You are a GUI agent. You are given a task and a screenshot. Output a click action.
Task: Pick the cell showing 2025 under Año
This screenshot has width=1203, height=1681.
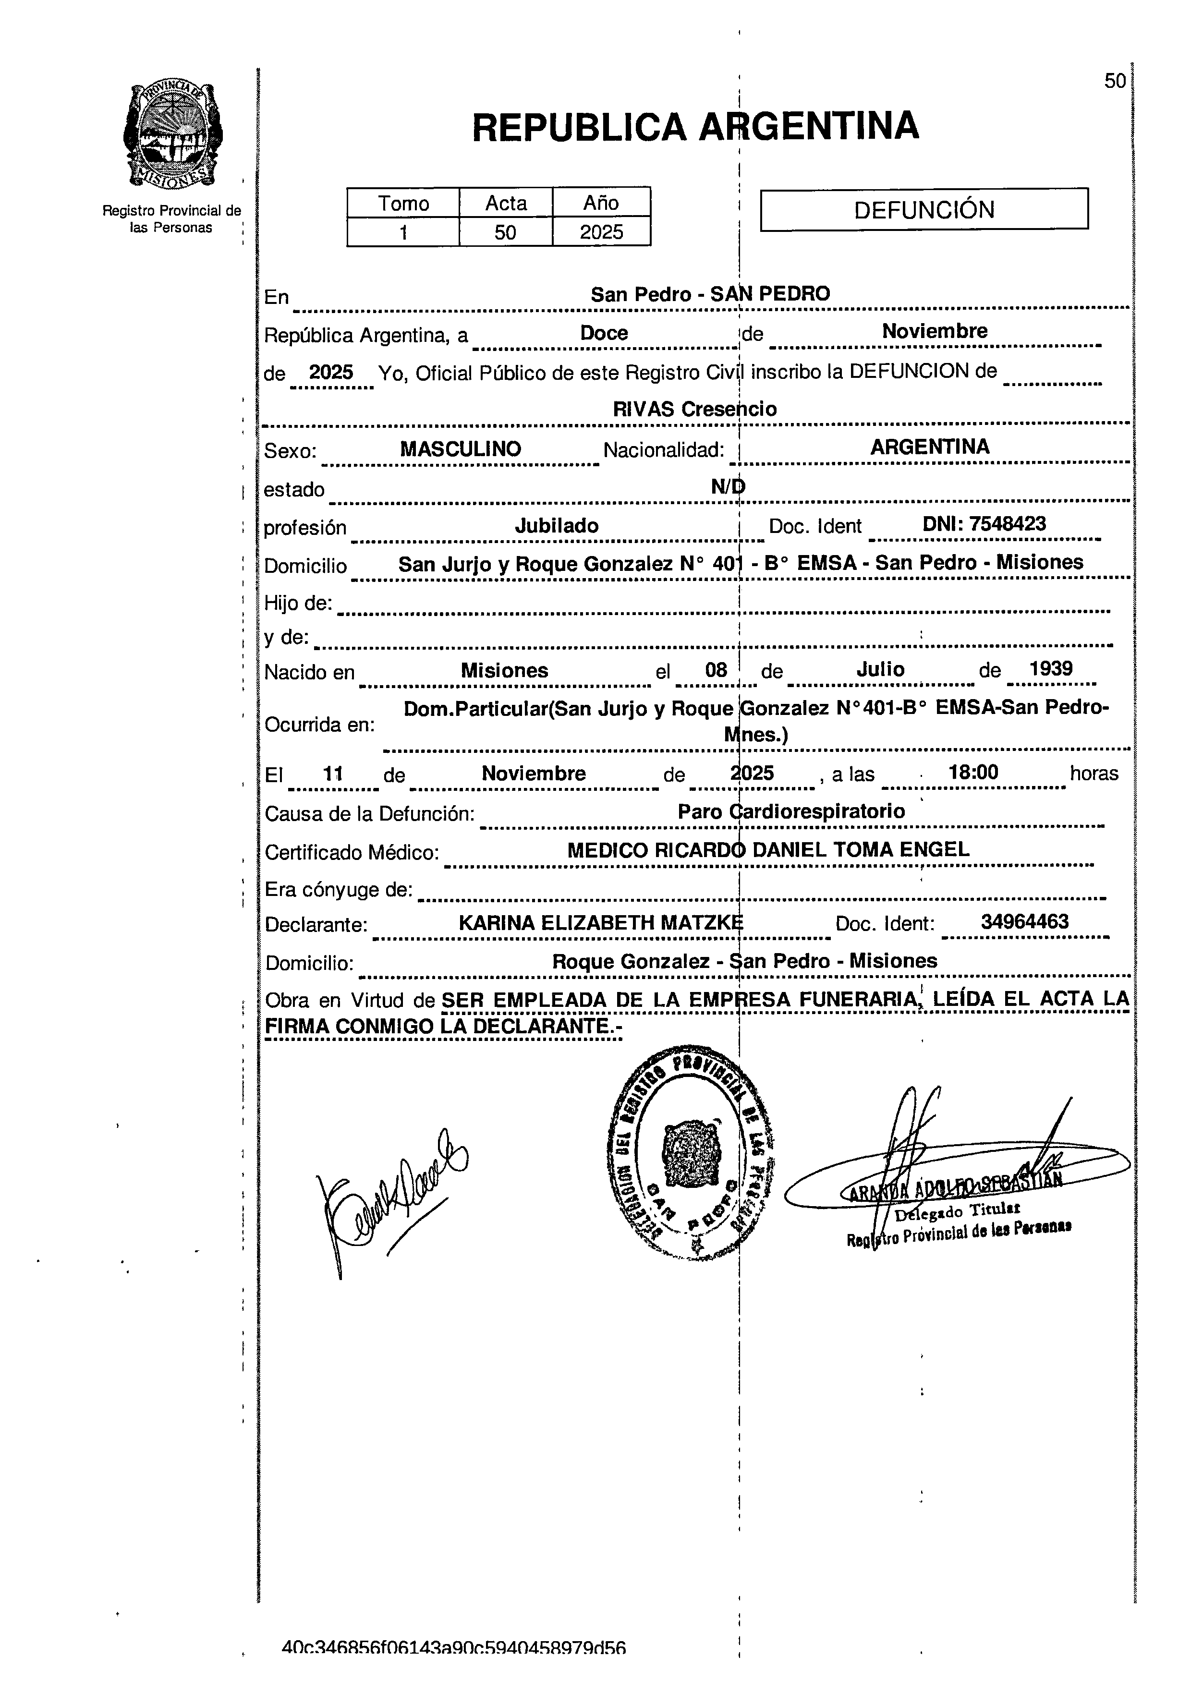point(601,232)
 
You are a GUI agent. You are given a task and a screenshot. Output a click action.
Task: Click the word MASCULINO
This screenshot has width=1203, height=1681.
point(460,449)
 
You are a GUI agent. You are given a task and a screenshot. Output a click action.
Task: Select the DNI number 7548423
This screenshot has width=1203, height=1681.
point(984,524)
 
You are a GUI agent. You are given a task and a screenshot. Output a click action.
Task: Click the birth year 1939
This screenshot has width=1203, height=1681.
point(1050,669)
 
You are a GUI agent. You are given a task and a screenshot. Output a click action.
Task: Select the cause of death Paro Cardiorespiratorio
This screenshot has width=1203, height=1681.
point(790,811)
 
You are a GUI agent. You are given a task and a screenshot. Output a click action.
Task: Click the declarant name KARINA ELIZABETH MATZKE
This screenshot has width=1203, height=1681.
point(600,923)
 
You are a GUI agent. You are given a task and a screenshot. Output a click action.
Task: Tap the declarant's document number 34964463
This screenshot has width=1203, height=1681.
point(1024,922)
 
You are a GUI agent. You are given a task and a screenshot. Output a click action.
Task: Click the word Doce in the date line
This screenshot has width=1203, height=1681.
point(604,333)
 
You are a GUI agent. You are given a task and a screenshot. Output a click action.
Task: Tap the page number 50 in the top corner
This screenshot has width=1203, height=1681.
point(1114,82)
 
